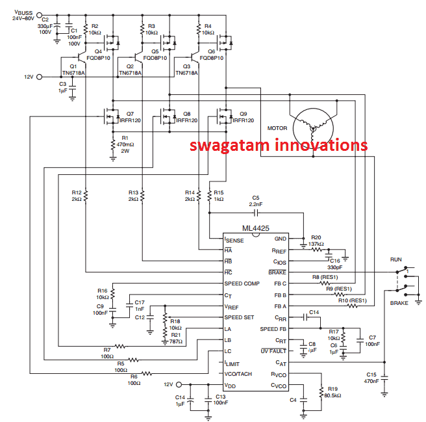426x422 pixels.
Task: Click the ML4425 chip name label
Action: (x=256, y=228)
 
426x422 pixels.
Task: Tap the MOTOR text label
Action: (x=277, y=128)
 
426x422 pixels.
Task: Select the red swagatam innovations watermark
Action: (x=279, y=145)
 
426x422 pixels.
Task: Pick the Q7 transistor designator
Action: (x=130, y=113)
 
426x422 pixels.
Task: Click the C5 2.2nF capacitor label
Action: (x=255, y=200)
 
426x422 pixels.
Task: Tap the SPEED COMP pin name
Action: (x=242, y=284)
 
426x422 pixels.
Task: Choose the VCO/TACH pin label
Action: (x=239, y=373)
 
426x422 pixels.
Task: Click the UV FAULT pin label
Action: (x=273, y=351)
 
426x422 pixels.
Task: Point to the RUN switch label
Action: (x=395, y=259)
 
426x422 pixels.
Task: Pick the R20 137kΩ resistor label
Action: (x=316, y=241)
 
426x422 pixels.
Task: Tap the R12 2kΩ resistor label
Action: (x=77, y=195)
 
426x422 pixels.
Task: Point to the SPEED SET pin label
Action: (x=240, y=317)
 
